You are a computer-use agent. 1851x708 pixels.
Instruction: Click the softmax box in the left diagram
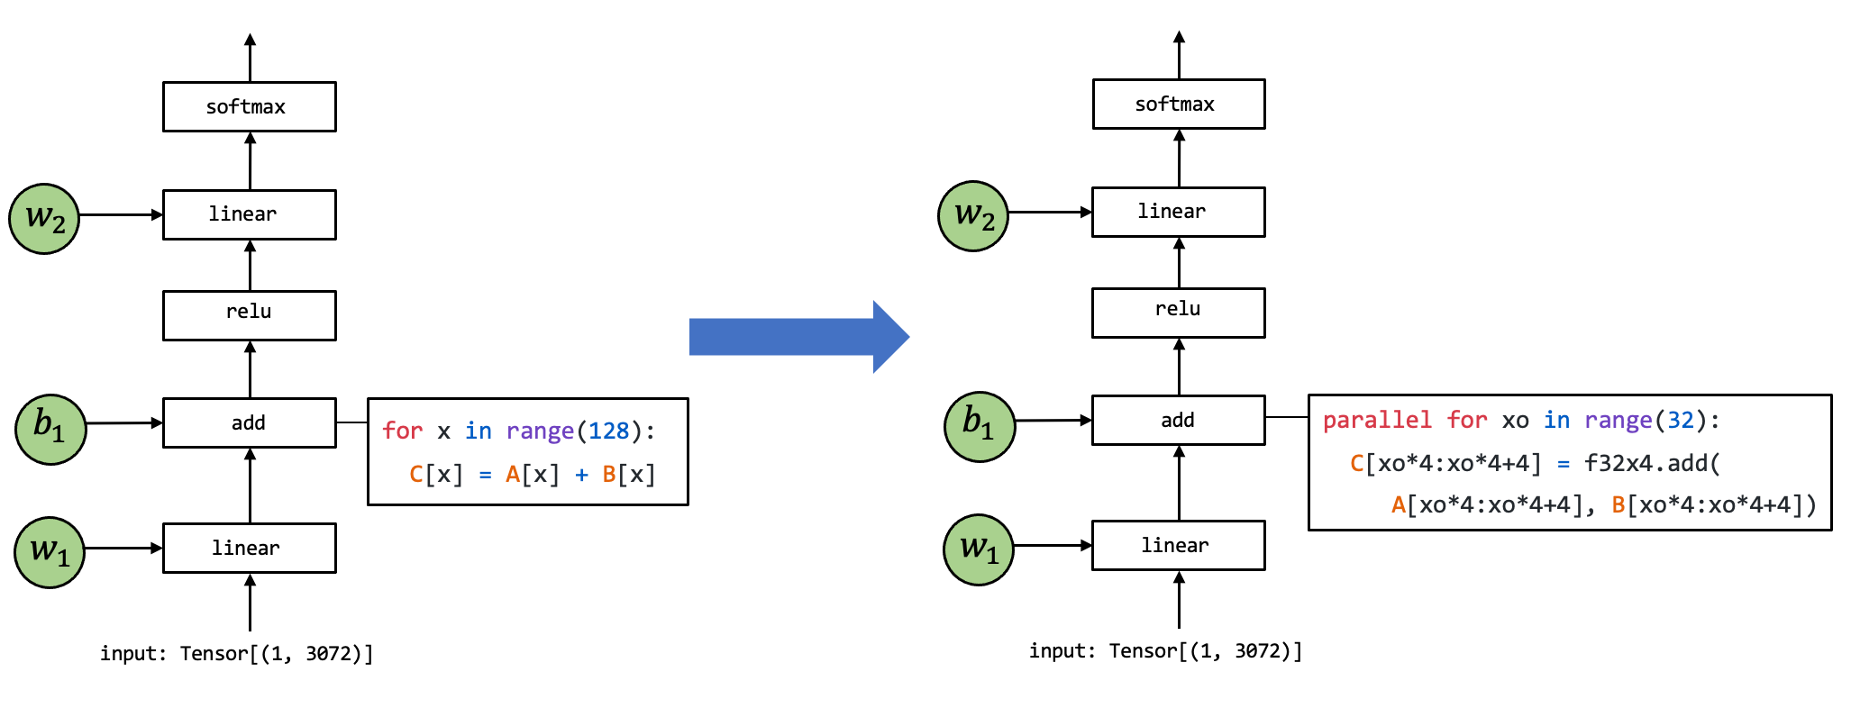pyautogui.click(x=249, y=106)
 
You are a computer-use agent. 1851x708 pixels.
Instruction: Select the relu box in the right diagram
pyautogui.click(x=1178, y=312)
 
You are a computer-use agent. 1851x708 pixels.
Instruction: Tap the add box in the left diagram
pyautogui.click(x=249, y=422)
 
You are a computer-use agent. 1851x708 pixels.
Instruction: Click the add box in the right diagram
pyautogui.click(x=1178, y=420)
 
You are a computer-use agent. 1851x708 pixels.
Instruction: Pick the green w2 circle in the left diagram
pyautogui.click(x=44, y=219)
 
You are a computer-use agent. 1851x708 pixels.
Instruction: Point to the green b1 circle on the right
pyautogui.click(x=980, y=426)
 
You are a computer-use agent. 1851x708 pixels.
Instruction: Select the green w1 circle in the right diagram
pyautogui.click(x=979, y=549)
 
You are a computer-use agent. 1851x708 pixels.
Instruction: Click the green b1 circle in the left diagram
pyautogui.click(x=50, y=429)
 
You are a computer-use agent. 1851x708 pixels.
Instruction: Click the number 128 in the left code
pyautogui.click(x=608, y=431)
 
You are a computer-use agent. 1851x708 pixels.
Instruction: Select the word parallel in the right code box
pyautogui.click(x=1376, y=421)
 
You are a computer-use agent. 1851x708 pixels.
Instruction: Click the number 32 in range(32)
pyautogui.click(x=1680, y=421)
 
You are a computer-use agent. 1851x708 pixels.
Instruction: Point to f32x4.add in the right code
pyautogui.click(x=1646, y=464)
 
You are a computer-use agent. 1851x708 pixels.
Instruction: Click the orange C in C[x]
pyautogui.click(x=416, y=475)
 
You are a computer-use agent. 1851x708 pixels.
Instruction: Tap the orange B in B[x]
pyautogui.click(x=608, y=475)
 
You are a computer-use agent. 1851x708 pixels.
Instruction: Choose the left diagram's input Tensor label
pyautogui.click(x=236, y=653)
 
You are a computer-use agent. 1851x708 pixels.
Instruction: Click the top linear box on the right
pyautogui.click(x=1178, y=212)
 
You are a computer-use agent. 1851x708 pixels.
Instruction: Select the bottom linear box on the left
pyautogui.click(x=249, y=548)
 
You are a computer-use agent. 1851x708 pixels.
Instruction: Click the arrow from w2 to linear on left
pyautogui.click(x=121, y=214)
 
